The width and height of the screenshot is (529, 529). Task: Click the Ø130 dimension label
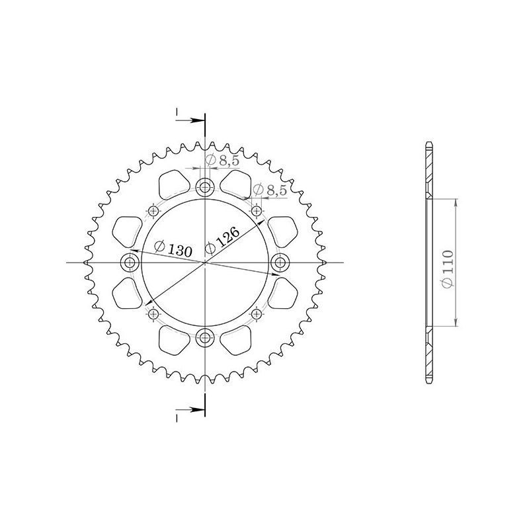click(x=173, y=249)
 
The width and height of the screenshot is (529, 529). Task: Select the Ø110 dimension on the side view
click(x=448, y=268)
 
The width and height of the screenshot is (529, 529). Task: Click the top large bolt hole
click(x=206, y=187)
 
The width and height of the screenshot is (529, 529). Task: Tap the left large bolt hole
click(x=129, y=263)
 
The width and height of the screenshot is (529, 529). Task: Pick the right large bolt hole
click(x=281, y=263)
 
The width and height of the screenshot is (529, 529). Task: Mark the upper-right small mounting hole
click(x=257, y=212)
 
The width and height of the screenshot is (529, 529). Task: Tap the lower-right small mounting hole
click(x=257, y=314)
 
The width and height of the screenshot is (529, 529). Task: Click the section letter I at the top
click(x=177, y=113)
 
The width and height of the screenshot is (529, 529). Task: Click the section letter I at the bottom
click(x=177, y=418)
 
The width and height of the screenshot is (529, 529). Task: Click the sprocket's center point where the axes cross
click(x=206, y=263)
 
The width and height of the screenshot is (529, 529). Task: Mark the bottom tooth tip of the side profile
click(x=428, y=384)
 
